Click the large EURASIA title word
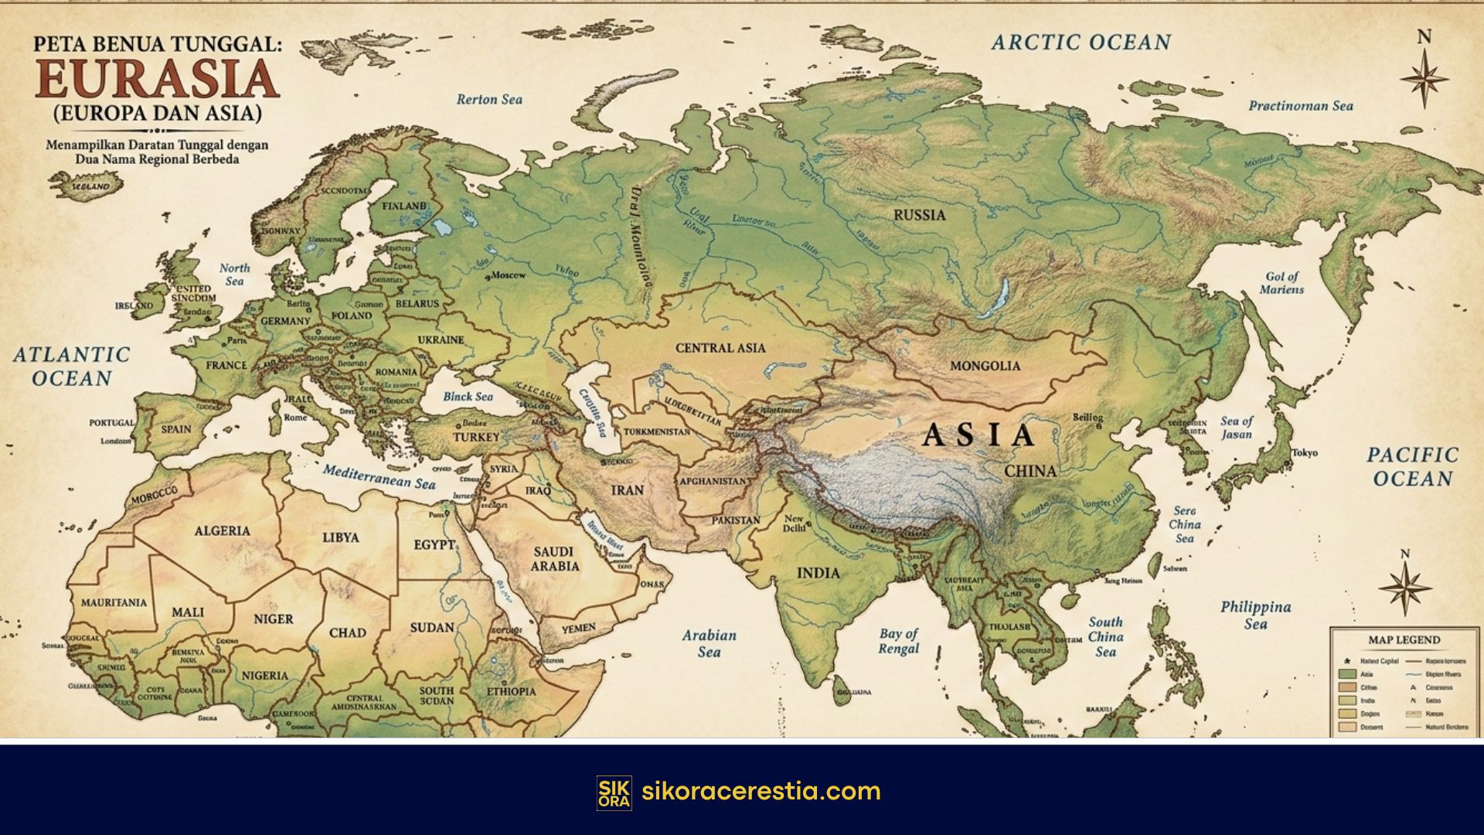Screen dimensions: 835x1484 (157, 78)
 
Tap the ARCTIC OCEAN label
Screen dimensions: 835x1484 (1081, 43)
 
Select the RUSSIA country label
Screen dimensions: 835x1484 (919, 215)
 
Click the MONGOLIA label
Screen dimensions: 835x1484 (985, 366)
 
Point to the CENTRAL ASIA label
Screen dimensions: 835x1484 (720, 348)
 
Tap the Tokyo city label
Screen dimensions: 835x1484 (1304, 453)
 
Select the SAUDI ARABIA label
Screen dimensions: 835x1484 (553, 559)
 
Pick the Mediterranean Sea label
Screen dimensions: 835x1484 (380, 476)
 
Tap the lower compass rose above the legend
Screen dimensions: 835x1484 (1405, 588)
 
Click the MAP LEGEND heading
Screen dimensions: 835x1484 (1404, 640)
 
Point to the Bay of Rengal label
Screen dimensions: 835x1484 (898, 641)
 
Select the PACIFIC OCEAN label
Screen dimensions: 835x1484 (1412, 466)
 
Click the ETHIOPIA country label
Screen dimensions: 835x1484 (510, 691)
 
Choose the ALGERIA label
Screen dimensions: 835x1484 (222, 531)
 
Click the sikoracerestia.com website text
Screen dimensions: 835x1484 (761, 792)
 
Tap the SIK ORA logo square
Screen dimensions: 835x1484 (614, 792)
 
